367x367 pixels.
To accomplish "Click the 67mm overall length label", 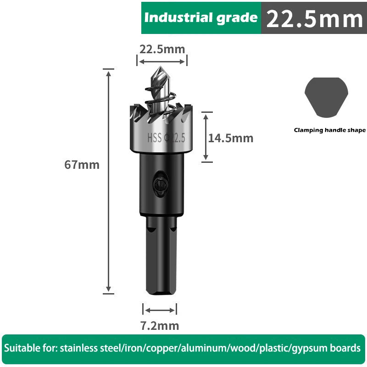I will (82, 165).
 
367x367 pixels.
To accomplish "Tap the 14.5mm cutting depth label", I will (230, 138).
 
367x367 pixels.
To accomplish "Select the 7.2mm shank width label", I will (159, 326).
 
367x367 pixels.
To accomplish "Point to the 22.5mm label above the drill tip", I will (162, 49).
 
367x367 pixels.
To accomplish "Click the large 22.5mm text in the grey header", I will (314, 19).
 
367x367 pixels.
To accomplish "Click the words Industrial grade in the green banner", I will (201, 18).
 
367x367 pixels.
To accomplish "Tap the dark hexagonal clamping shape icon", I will (326, 97).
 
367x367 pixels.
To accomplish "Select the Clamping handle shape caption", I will (330, 130).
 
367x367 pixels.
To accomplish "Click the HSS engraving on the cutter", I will (155, 138).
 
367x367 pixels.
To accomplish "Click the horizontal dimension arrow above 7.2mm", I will (159, 310).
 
